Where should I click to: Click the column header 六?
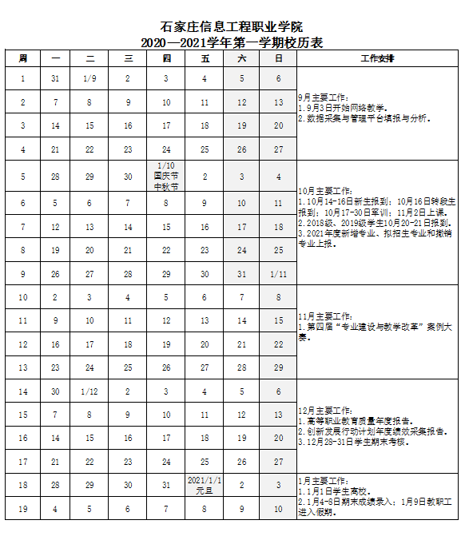tap(242, 59)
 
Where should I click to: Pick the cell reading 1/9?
tap(89, 79)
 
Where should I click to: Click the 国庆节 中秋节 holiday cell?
tap(166, 176)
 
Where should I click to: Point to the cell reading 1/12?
tap(89, 391)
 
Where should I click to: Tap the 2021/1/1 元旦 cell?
tap(205, 484)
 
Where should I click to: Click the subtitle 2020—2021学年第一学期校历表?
tap(232, 43)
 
